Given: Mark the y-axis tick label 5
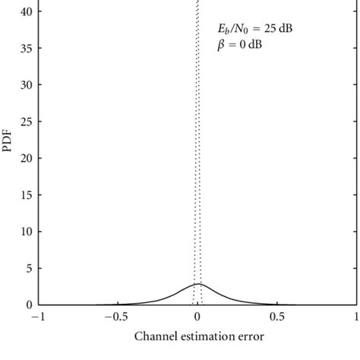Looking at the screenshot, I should click(29, 268).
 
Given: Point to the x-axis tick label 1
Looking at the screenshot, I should click(355, 317).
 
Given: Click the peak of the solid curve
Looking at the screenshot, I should click(197, 283).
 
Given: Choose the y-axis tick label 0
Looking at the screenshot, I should click(29, 305).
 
